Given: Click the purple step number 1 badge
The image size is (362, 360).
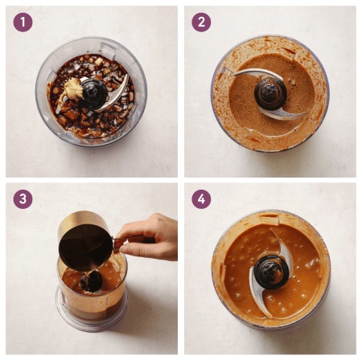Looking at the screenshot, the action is [23, 22].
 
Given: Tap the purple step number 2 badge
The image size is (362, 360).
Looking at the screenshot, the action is [201, 22].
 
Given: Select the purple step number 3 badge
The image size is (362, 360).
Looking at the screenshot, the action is [23, 199].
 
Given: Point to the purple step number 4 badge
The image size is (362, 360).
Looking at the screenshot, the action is [201, 199].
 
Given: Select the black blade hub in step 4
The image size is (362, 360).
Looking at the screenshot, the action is [271, 272].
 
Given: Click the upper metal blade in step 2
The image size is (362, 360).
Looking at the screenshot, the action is [257, 74].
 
